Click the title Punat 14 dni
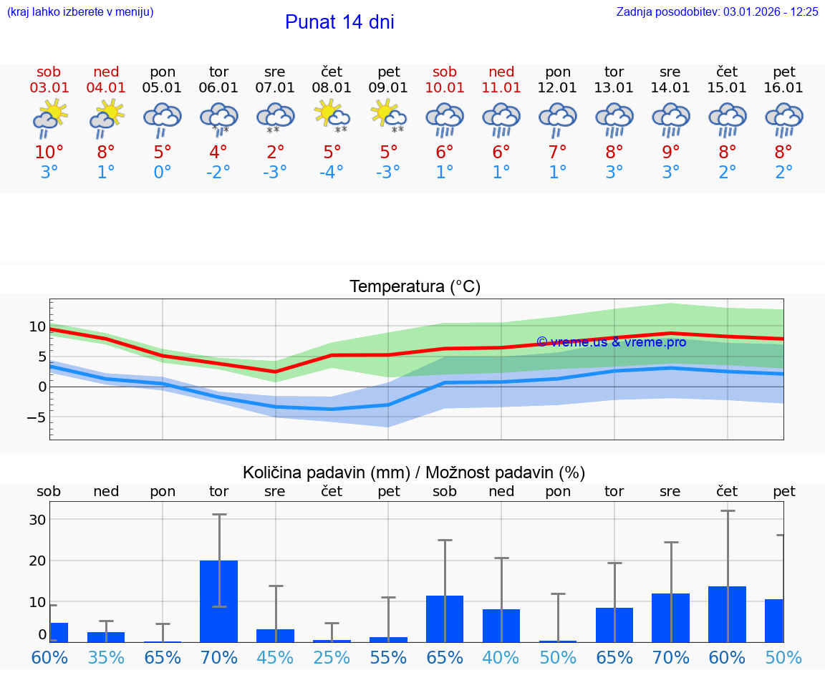tap(339, 22)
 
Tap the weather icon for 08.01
tap(332, 117)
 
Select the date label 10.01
tap(445, 88)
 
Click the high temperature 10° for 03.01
tap(49, 152)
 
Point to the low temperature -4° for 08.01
tap(332, 173)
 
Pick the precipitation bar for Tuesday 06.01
tap(218, 601)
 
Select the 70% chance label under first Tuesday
tap(218, 657)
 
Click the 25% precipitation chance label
tap(332, 657)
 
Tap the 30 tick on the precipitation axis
tap(37, 520)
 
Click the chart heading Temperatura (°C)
tap(415, 287)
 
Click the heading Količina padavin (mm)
tap(326, 472)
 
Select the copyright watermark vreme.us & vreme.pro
tap(611, 342)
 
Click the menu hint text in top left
tap(80, 12)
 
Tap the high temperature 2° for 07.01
tap(275, 152)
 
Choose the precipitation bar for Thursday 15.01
tap(727, 614)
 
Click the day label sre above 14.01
tap(670, 72)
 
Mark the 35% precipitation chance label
tap(106, 657)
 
